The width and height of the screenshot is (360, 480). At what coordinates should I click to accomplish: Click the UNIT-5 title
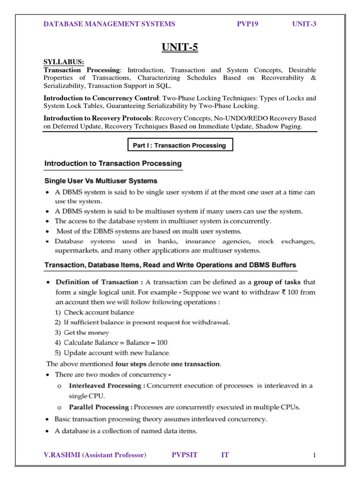point(180,47)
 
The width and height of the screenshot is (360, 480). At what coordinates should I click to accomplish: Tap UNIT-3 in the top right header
point(304,24)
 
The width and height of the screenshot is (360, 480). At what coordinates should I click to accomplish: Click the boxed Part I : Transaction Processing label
point(180,145)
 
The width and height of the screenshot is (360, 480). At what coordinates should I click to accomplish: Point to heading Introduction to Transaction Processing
point(112,164)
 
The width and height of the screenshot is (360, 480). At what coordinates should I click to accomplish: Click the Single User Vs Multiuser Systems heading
point(101,180)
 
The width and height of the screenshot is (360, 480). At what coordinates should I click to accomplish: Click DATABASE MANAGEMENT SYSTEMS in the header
point(109,24)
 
